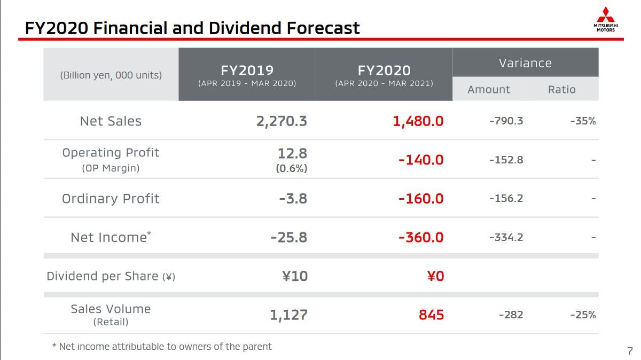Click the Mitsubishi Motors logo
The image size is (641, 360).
(x=605, y=19)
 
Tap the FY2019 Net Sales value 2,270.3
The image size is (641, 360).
(x=282, y=121)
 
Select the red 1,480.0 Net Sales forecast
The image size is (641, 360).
(x=418, y=121)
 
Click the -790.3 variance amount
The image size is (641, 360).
(x=506, y=121)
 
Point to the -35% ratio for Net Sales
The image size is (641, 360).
(x=583, y=121)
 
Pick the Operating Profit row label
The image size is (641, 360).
(x=111, y=153)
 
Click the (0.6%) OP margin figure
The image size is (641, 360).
(x=291, y=168)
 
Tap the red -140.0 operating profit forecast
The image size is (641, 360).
(x=421, y=160)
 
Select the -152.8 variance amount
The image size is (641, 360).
(x=506, y=160)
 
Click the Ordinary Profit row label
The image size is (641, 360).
(x=111, y=199)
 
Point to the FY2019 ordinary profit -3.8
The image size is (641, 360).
(x=293, y=199)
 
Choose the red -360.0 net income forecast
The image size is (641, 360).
(x=421, y=237)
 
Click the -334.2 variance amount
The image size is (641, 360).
(x=506, y=237)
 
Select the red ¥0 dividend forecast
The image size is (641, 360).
(x=435, y=276)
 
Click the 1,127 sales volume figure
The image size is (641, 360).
(x=288, y=315)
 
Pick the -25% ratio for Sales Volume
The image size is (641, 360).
(x=583, y=315)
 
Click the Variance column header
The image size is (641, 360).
(x=525, y=63)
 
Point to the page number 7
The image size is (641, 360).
(x=630, y=351)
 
